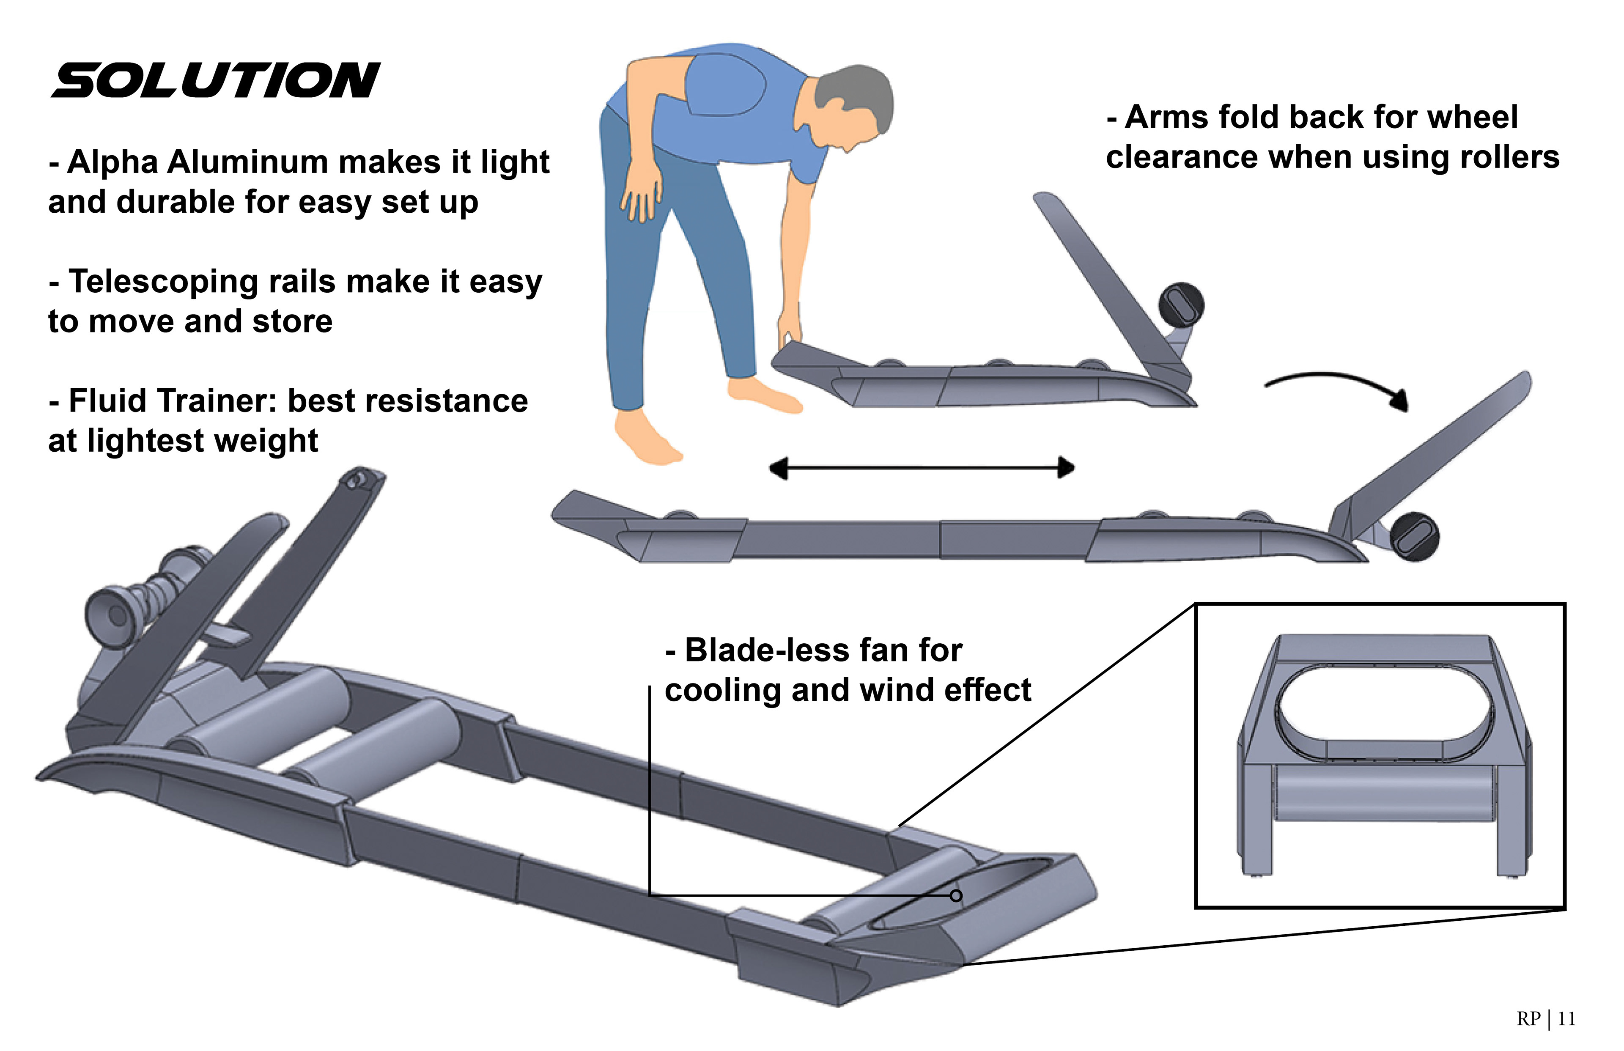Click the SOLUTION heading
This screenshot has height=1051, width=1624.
pyautogui.click(x=216, y=80)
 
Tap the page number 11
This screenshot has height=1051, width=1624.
pyautogui.click(x=1566, y=1019)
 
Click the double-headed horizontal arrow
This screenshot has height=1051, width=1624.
pyautogui.click(x=921, y=468)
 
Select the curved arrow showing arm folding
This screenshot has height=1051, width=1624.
pyautogui.click(x=1337, y=386)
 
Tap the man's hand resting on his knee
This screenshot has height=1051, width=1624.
pyautogui.click(x=642, y=195)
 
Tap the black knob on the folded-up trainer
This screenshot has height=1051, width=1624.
pyautogui.click(x=1181, y=305)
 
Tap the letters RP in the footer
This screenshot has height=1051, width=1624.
pyautogui.click(x=1528, y=1019)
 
